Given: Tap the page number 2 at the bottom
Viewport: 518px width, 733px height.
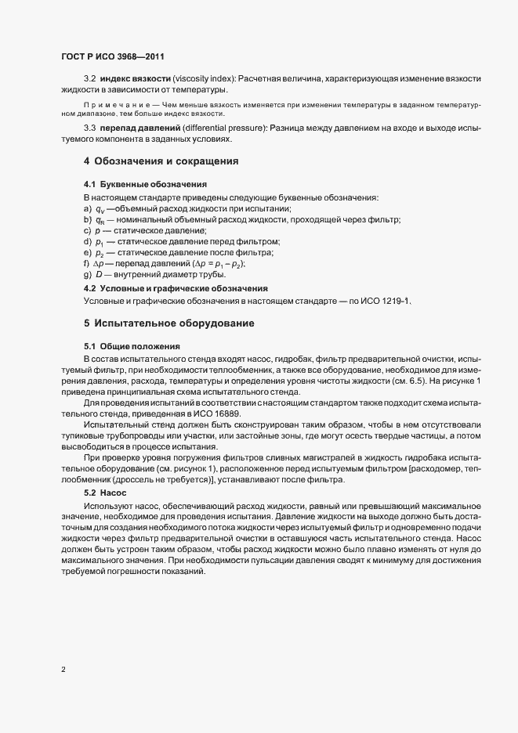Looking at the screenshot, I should (63, 670).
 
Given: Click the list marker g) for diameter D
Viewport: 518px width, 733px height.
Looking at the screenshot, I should (87, 275).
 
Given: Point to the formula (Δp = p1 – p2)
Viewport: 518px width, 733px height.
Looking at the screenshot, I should (213, 264).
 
